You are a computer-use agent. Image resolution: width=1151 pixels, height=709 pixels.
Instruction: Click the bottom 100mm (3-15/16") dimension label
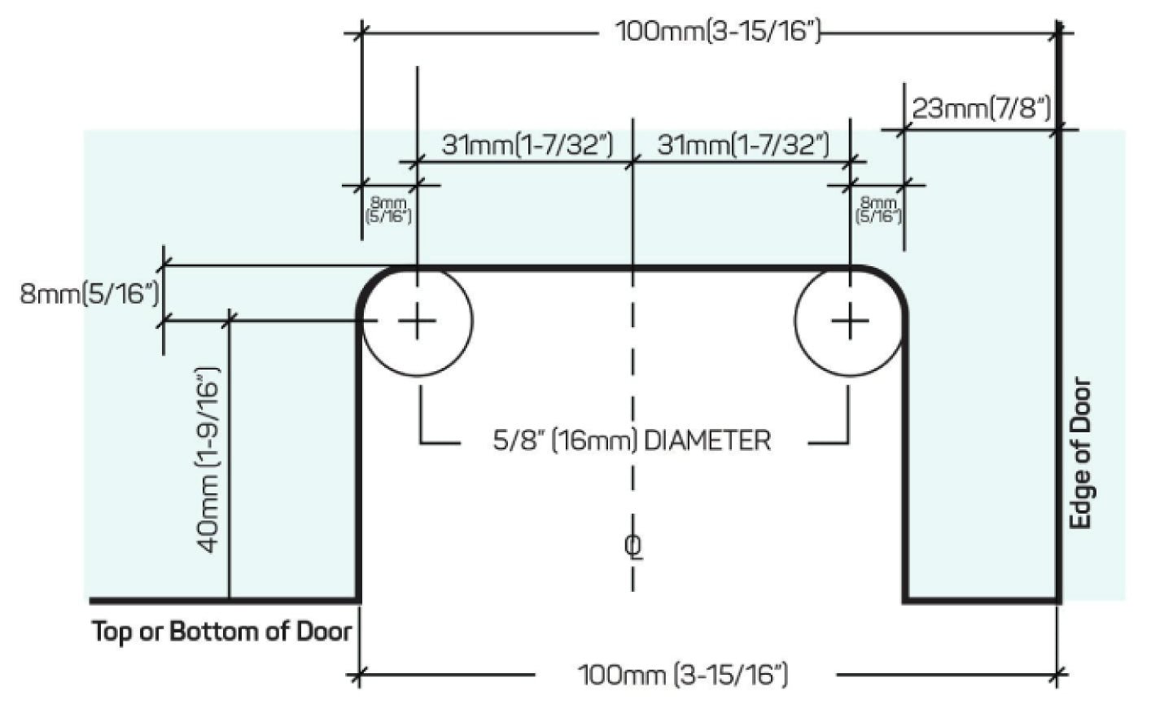(x=683, y=675)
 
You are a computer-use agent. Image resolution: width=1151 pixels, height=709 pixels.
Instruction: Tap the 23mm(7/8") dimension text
(x=982, y=108)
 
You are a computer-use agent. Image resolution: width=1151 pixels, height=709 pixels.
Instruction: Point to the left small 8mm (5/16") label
(x=388, y=209)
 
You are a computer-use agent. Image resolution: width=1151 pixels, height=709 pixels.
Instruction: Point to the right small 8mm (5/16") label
(x=878, y=209)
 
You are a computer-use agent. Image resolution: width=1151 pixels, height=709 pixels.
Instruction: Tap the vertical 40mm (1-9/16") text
(x=209, y=460)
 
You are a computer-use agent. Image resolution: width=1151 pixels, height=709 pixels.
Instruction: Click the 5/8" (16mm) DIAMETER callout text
(x=632, y=441)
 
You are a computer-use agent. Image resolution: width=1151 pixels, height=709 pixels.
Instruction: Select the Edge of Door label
(x=1080, y=453)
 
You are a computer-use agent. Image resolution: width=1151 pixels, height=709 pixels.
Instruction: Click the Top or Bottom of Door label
(x=222, y=632)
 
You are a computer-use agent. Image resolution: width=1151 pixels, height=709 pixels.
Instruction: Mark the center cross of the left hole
(x=417, y=322)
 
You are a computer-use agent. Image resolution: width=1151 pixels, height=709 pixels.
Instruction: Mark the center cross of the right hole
(x=850, y=322)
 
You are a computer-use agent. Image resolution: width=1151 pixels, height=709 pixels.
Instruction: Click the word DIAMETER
(x=707, y=441)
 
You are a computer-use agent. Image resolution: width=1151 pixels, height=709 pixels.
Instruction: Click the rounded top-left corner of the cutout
(x=371, y=282)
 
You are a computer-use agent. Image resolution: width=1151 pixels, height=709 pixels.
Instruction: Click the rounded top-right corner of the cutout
(x=893, y=282)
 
